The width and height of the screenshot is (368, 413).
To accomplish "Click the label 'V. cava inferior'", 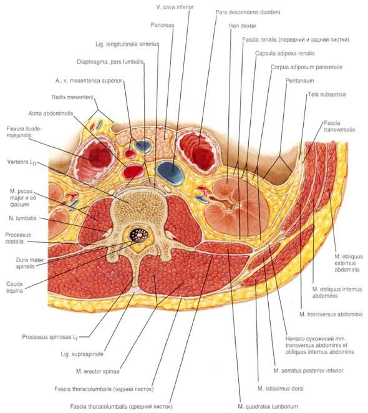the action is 175,7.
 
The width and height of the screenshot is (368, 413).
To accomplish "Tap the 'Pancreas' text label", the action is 162,25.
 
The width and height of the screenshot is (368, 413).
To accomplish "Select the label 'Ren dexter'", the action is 243,26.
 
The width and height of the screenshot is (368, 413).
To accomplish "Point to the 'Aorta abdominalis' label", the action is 51,114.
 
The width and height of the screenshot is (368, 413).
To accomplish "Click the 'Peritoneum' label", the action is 300,80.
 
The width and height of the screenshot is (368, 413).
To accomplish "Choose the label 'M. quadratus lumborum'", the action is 268,406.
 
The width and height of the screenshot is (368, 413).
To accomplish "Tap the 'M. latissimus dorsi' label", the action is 280,389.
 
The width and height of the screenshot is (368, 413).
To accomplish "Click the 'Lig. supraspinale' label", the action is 82,354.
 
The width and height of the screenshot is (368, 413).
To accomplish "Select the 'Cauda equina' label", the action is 14,288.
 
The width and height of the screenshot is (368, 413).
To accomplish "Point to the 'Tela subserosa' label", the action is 327,94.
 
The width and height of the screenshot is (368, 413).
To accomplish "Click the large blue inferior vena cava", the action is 170,173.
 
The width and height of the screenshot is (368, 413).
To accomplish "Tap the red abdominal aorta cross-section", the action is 134,171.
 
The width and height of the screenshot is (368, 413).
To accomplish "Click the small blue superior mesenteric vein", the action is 143,146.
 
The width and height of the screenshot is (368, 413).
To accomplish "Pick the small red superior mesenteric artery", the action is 129,153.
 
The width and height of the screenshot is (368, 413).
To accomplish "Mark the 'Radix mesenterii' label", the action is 72,97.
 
